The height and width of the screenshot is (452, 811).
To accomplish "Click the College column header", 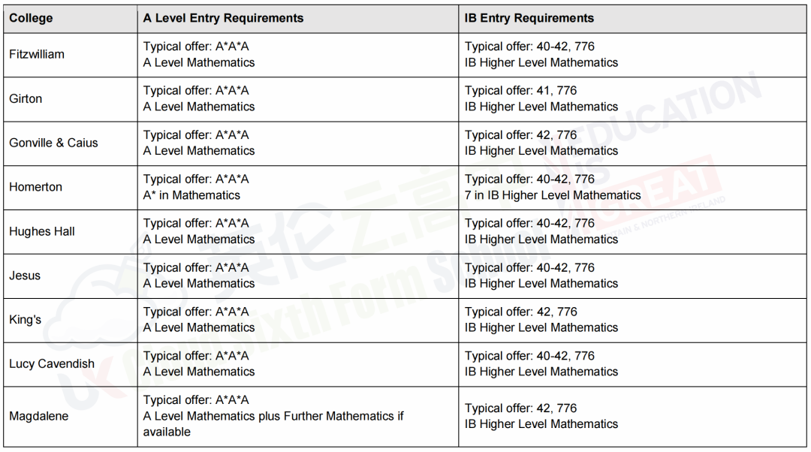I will click(32, 18).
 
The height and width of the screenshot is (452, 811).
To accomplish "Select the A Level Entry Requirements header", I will click(223, 18).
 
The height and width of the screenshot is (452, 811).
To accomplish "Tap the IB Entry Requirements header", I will click(529, 18).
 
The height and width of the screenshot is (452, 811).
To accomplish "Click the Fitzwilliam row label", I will click(37, 54).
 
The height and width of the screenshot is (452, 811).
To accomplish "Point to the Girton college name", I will click(26, 98).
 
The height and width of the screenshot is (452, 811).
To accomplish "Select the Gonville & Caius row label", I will click(53, 143).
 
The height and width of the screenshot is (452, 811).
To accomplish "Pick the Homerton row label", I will click(35, 187).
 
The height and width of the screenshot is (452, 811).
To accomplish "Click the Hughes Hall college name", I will click(42, 231).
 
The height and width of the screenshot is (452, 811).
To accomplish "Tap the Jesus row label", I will click(25, 276).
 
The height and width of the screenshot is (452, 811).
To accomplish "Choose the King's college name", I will click(26, 320).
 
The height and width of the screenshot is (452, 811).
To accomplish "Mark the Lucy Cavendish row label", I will click(52, 364).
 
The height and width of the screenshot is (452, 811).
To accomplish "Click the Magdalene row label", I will click(38, 416).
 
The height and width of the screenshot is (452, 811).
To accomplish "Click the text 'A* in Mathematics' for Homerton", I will click(191, 195).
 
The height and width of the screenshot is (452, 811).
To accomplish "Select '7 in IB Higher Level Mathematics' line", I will click(553, 195).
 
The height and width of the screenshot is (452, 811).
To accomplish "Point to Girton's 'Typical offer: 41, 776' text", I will click(520, 91).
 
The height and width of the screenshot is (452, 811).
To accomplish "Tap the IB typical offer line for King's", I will click(520, 312).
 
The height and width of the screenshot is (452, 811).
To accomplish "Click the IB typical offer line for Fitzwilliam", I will click(529, 47).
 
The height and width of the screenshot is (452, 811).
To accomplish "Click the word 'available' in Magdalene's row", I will click(167, 432).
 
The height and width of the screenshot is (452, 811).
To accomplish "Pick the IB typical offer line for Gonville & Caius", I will click(520, 135).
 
